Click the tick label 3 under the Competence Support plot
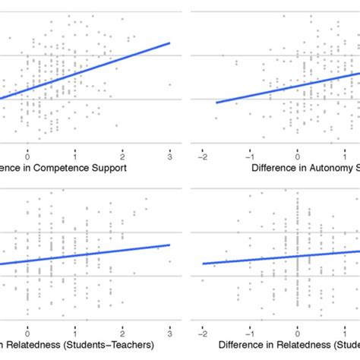point(169,155)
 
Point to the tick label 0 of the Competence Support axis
point(27,155)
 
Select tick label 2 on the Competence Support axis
point(122,155)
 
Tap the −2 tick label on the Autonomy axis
point(203,155)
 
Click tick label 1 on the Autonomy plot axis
point(344,155)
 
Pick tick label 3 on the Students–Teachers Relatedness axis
point(169,331)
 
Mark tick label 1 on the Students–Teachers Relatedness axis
point(74,331)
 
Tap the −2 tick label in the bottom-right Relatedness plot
point(203,331)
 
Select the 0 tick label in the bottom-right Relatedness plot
point(298,331)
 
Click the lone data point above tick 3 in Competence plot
point(169,84)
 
